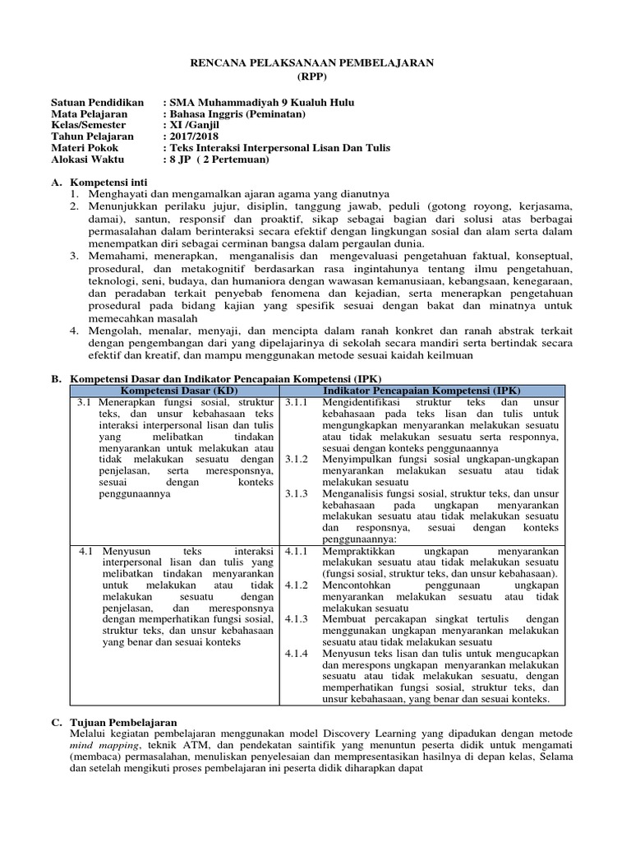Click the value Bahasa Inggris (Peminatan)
[237, 114]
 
